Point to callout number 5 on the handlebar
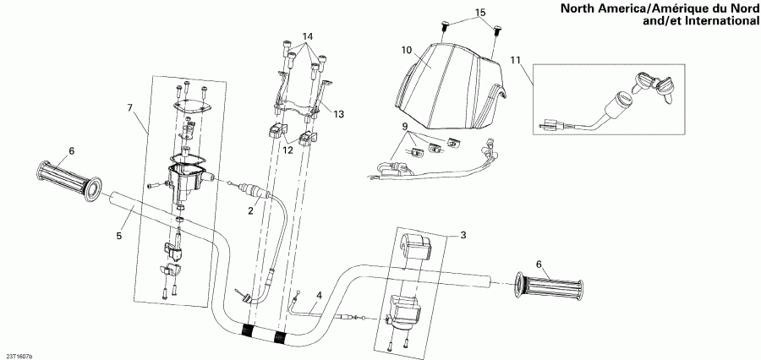119,236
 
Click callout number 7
129,107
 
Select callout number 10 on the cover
406,51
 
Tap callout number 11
516,60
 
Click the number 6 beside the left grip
72,150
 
